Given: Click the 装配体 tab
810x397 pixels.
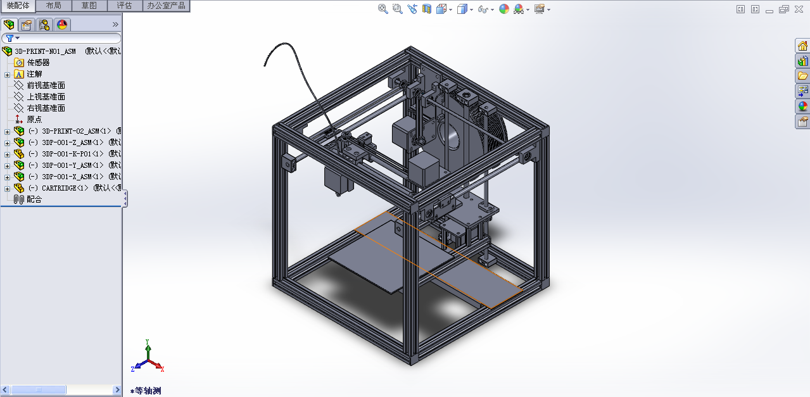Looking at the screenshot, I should (18, 6).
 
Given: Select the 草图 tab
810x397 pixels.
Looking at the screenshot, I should (89, 6).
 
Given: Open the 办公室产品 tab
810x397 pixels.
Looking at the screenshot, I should (166, 6).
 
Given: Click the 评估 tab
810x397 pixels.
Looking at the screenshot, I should (124, 6).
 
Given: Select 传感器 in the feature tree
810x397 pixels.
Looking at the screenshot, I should (38, 63).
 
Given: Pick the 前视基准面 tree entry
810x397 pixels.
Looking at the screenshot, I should (46, 85).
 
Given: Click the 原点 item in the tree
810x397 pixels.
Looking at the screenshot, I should (34, 120).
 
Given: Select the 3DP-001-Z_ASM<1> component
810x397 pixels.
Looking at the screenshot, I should (66, 142).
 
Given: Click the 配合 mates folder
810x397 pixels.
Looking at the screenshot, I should (34, 199).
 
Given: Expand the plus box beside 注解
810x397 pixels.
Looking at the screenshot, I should (7, 74).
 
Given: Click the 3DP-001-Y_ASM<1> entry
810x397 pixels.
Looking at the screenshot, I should (66, 165).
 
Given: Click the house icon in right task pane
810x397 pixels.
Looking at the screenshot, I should (802, 46).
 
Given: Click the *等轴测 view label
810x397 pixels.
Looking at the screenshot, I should (148, 391).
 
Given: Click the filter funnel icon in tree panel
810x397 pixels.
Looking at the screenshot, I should (9, 38).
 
